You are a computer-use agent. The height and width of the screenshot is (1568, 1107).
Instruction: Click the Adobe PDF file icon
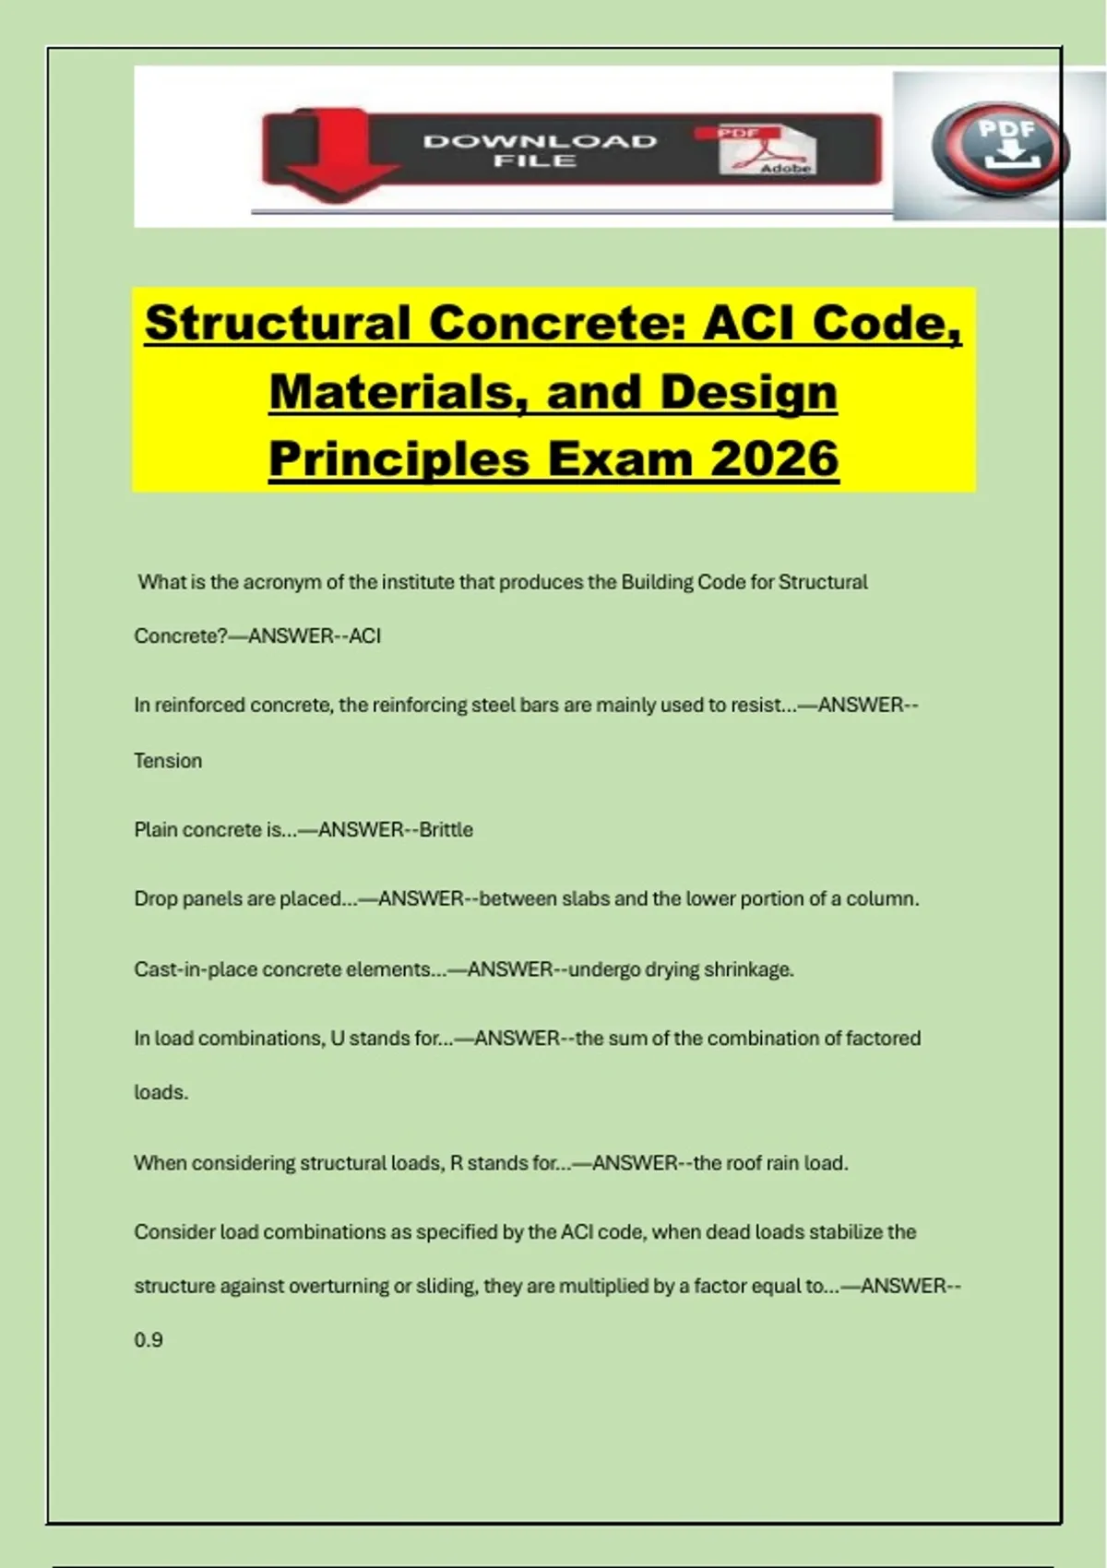pyautogui.click(x=768, y=150)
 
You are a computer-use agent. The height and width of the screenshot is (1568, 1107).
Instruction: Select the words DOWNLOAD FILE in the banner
pyautogui.click(x=540, y=150)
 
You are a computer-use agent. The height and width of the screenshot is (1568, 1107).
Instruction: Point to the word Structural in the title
pyautogui.click(x=278, y=323)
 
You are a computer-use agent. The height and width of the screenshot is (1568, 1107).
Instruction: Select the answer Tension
pyautogui.click(x=168, y=761)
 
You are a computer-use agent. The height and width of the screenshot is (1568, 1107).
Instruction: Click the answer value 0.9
pyautogui.click(x=149, y=1340)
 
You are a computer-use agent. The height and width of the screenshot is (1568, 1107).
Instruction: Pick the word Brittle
pyautogui.click(x=446, y=829)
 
